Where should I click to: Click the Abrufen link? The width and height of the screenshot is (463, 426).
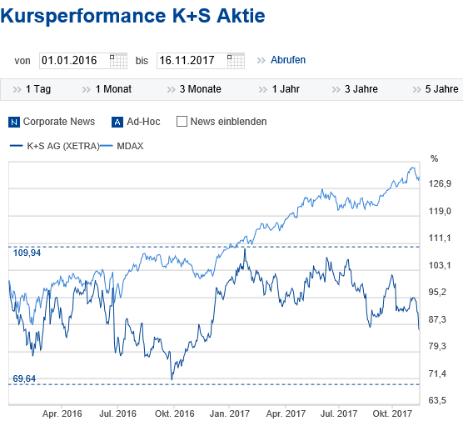pyautogui.click(x=288, y=60)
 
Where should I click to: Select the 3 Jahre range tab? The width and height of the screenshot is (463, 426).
pyautogui.click(x=361, y=88)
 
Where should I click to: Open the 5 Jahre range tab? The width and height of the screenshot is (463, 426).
pyautogui.click(x=441, y=88)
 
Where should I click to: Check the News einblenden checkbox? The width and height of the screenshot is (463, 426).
pyautogui.click(x=182, y=122)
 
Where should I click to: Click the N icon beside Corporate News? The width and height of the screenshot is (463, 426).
pyautogui.click(x=14, y=122)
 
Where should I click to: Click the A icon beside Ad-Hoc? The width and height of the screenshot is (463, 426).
pyautogui.click(x=117, y=122)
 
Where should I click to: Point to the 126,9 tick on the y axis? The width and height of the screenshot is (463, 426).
pyautogui.click(x=440, y=184)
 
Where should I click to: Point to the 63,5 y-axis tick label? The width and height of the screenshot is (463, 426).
pyautogui.click(x=440, y=400)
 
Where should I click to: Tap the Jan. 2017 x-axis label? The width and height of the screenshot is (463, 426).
pyautogui.click(x=229, y=413)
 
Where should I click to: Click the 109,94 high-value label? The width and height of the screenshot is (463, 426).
pyautogui.click(x=27, y=253)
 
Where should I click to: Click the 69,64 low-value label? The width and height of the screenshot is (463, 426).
pyautogui.click(x=25, y=378)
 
